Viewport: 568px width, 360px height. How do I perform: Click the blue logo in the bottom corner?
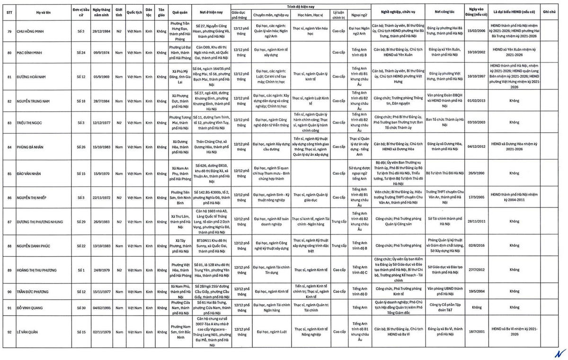click(x=561, y=353)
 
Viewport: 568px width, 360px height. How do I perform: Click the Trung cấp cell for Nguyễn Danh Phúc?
click(x=338, y=245)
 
